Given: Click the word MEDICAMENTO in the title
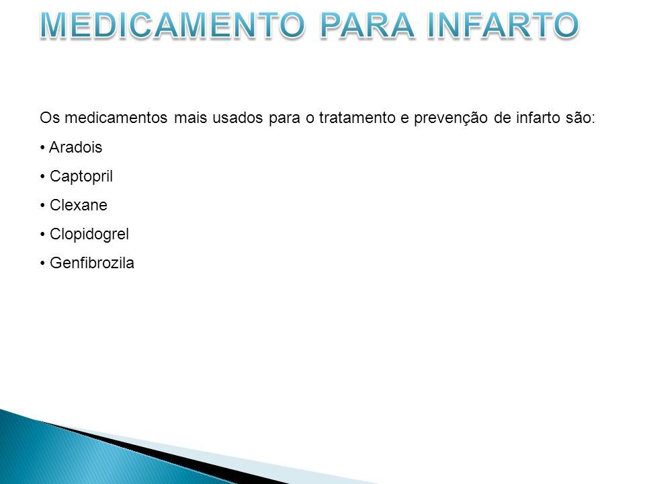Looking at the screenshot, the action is point(173,25).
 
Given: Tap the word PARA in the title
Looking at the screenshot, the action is point(367,25).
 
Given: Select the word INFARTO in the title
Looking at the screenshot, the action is point(503,25).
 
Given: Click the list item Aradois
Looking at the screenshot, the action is point(76,147).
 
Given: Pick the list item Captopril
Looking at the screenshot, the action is point(81,177).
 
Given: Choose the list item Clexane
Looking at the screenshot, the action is point(79,205).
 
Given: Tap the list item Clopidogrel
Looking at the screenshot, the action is point(89,234).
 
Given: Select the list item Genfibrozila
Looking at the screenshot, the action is point(92,263).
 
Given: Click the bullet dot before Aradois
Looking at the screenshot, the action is point(42,148).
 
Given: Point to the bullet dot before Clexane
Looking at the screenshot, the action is point(42,206).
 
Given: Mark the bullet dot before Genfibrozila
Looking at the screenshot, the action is point(42,264).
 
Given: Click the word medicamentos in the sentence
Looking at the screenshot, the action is point(116,118).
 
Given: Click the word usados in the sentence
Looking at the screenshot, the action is point(237,118).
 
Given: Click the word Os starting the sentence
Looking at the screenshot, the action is point(50,118).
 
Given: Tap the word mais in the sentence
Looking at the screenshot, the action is point(189,118).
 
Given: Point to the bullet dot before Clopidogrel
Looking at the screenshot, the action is point(42,235).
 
